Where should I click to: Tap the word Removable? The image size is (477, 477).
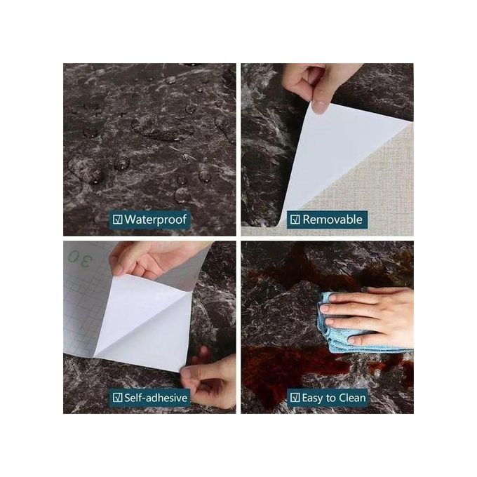click(332, 220)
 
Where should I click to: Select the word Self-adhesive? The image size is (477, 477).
click(156, 398)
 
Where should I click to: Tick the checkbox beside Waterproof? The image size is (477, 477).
click(117, 220)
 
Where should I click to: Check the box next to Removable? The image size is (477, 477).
click(295, 220)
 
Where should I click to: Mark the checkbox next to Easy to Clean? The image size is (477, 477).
click(295, 398)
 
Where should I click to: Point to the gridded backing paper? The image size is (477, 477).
click(81, 309)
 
